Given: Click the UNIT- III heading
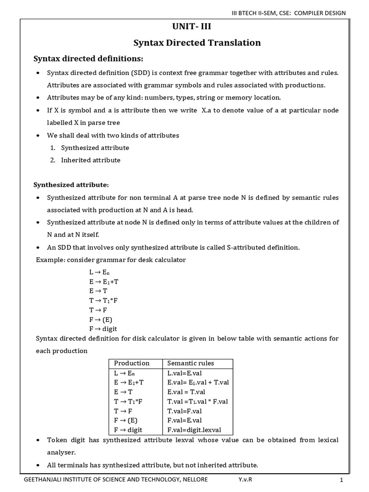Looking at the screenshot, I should coord(197,27).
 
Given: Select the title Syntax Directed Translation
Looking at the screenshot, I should coord(197,43).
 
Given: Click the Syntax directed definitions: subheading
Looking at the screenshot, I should coord(88,59).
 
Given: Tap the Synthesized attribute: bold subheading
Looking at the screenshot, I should coord(71,184).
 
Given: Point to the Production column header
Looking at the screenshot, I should coord(132,363).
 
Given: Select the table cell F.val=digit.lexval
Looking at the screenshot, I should coord(194,430).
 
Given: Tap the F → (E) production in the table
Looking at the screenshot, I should coord(127,420).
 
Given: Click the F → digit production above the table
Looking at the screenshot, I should coord(103,329).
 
